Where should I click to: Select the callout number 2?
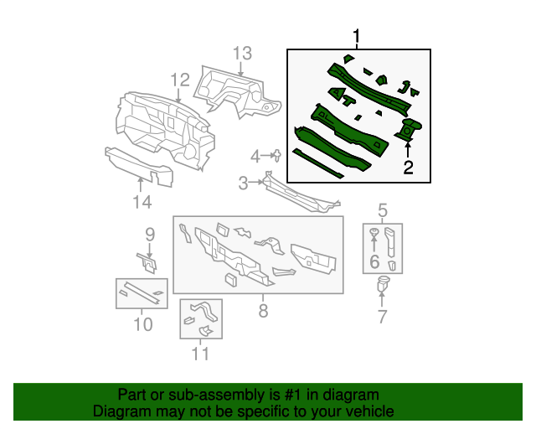(x=408, y=168)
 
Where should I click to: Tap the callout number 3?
(x=243, y=183)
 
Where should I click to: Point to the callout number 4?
(x=255, y=156)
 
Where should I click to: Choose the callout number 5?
(x=383, y=209)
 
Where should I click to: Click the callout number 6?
(x=374, y=262)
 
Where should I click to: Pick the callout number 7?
(x=383, y=317)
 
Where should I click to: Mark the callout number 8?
(x=262, y=312)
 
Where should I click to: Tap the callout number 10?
(x=142, y=323)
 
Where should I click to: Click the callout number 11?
(x=199, y=354)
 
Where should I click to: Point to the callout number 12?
(x=180, y=80)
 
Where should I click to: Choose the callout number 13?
(x=241, y=54)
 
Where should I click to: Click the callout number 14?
(x=142, y=202)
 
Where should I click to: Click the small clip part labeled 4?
(x=276, y=154)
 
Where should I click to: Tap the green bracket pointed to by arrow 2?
(x=410, y=131)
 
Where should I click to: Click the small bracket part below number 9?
(x=148, y=263)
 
